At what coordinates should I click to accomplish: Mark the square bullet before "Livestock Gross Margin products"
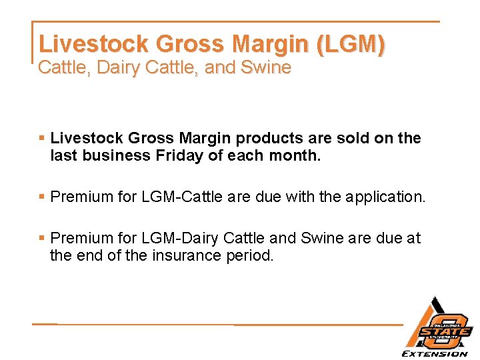(41, 138)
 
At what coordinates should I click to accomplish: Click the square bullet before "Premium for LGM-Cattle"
(41, 197)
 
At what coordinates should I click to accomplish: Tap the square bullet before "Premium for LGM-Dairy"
(41, 238)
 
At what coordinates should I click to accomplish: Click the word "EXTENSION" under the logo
(434, 353)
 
